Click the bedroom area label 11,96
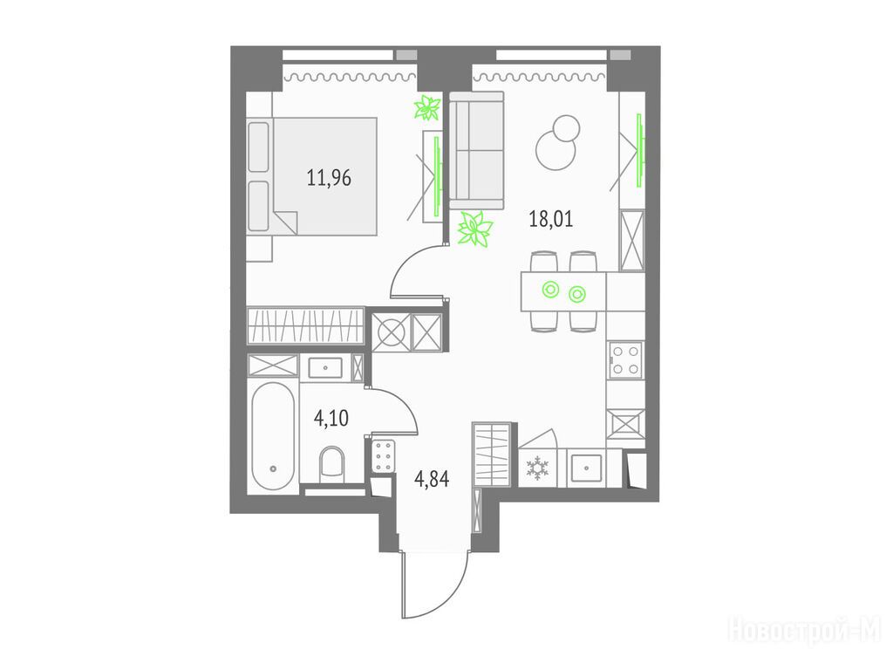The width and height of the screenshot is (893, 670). pyautogui.click(x=329, y=178)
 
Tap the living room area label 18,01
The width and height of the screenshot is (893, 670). pyautogui.click(x=551, y=219)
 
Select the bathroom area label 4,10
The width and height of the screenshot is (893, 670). pyautogui.click(x=331, y=418)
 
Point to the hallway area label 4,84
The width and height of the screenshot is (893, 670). pyautogui.click(x=432, y=480)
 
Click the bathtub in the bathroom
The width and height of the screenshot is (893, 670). pyautogui.click(x=273, y=436)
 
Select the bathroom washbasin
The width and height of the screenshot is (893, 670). pyautogui.click(x=325, y=368)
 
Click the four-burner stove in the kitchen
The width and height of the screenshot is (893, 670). pyautogui.click(x=625, y=360)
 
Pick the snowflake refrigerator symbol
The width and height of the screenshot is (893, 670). pyautogui.click(x=536, y=468)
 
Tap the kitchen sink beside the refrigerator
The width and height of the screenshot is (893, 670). pyautogui.click(x=586, y=468)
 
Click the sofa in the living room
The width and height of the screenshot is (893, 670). pyautogui.click(x=477, y=151)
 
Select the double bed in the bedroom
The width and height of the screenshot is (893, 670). pyautogui.click(x=313, y=176)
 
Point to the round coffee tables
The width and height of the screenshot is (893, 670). pyautogui.click(x=558, y=142)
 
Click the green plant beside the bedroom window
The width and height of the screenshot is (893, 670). pyautogui.click(x=427, y=108)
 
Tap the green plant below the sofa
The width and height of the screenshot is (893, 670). pyautogui.click(x=475, y=229)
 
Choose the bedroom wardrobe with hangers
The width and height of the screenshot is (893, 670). pyautogui.click(x=305, y=326)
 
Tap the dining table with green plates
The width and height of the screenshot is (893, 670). pyautogui.click(x=563, y=291)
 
